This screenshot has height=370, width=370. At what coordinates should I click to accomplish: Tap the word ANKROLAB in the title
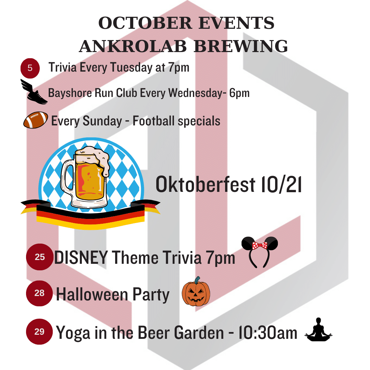pyautogui.click(x=133, y=46)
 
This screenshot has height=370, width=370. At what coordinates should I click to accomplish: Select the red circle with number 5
pyautogui.click(x=30, y=68)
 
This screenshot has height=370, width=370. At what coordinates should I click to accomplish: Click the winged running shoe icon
pyautogui.click(x=34, y=91)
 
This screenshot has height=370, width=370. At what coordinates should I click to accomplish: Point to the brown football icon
pyautogui.click(x=36, y=120)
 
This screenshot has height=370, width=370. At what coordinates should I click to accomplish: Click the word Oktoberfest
pyautogui.click(x=205, y=184)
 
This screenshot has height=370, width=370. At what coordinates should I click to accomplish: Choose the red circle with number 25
pyautogui.click(x=40, y=257)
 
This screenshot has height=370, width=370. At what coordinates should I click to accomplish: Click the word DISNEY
pyautogui.click(x=81, y=257)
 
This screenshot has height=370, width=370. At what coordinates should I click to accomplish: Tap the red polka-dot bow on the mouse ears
pyautogui.click(x=260, y=246)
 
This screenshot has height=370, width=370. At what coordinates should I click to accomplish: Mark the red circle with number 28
pyautogui.click(x=39, y=293)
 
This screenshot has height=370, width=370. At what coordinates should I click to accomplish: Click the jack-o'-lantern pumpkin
pyautogui.click(x=196, y=292)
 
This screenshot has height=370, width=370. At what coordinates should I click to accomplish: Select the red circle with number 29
pyautogui.click(x=39, y=332)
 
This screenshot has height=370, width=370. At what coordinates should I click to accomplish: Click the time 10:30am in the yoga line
pyautogui.click(x=268, y=333)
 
